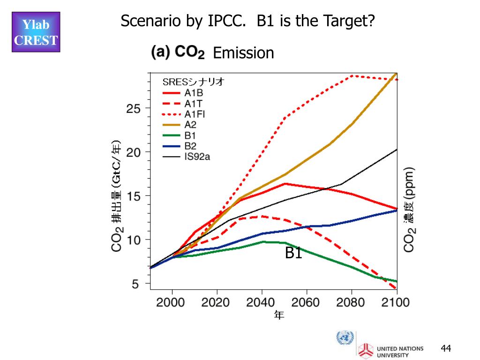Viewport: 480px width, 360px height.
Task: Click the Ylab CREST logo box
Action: [x=36, y=32]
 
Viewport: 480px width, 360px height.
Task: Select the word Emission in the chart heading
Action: [x=243, y=53]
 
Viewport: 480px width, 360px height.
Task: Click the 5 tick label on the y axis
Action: [x=135, y=284]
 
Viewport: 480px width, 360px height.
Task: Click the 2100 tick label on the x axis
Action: [x=395, y=302]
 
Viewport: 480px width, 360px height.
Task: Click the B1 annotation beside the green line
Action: [x=293, y=253]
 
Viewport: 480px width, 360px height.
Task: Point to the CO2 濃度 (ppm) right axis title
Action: [x=410, y=209]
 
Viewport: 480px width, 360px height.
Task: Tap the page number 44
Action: [x=446, y=348]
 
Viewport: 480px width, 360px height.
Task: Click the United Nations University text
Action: [x=400, y=352]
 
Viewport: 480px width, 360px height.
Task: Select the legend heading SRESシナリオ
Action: [x=194, y=82]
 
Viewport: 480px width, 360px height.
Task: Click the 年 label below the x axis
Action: [x=279, y=315]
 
